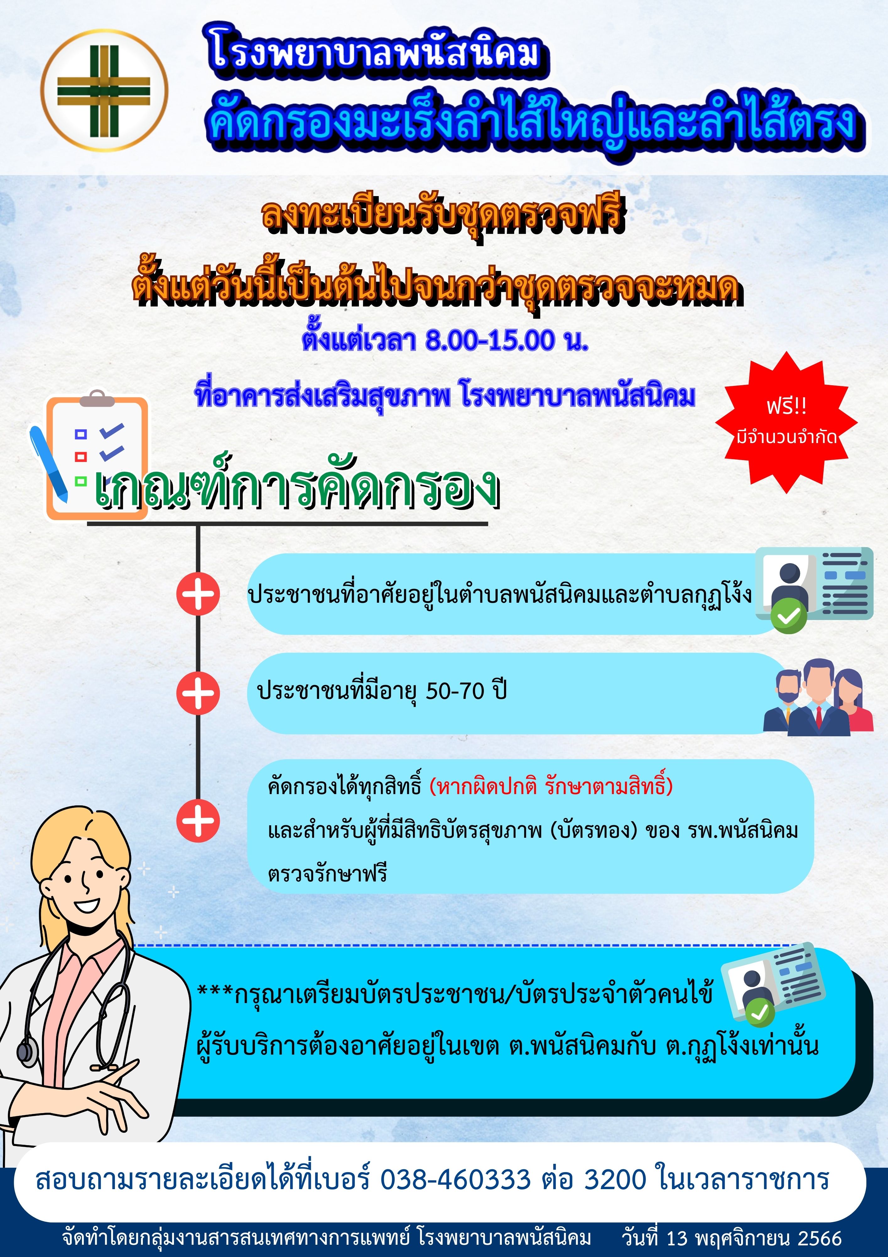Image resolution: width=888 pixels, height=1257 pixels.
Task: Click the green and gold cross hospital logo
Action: point(104,90)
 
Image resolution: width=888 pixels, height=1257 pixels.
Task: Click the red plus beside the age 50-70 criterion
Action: point(198,693)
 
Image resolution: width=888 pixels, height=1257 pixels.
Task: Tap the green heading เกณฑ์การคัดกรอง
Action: point(296,486)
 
